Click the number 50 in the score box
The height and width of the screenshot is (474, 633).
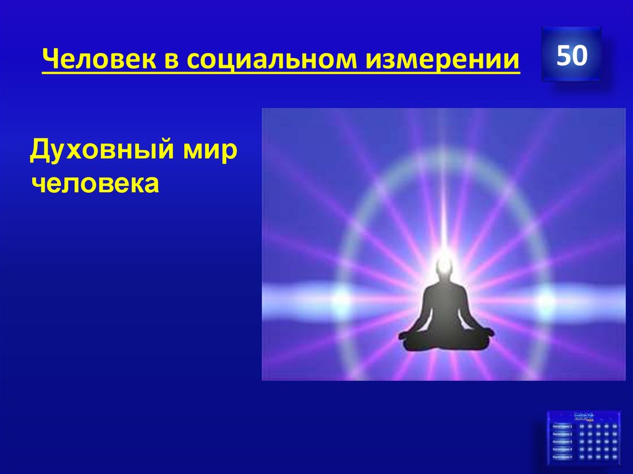(x=571, y=56)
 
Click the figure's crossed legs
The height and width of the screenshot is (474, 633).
(x=446, y=337)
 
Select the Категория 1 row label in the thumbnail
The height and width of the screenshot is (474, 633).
(x=562, y=426)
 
